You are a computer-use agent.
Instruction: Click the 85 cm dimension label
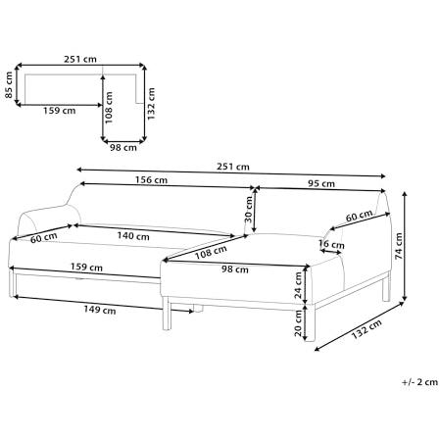pos(9,86)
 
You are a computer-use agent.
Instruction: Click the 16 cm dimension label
pos(332,245)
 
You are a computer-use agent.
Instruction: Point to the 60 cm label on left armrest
pos(43,238)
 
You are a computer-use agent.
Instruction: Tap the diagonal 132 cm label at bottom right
pos(367,323)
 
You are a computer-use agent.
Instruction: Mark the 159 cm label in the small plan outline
pos(60,111)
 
